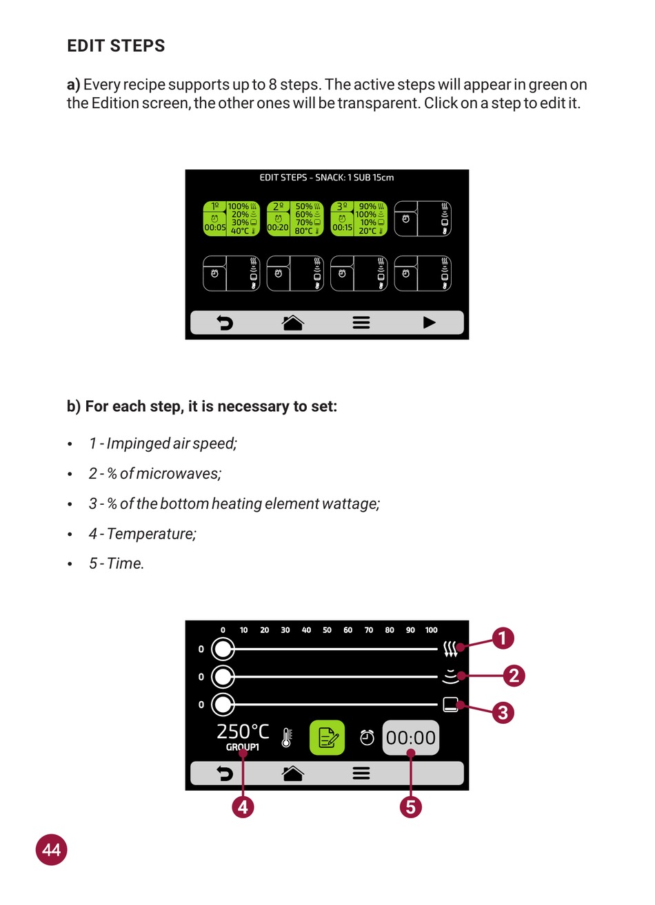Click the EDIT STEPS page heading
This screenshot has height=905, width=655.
coord(116,46)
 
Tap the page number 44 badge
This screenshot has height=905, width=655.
coord(52,850)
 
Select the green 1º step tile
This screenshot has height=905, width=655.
coord(232,219)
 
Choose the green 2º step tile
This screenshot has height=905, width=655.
coord(295,219)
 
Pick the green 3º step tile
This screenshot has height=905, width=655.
coord(359,219)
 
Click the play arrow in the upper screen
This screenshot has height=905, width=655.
coord(429,322)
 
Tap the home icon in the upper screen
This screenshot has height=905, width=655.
coord(293,322)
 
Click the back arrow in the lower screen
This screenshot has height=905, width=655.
coord(225,774)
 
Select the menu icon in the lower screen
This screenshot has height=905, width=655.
coord(361,774)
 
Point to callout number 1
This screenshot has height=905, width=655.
coord(503,638)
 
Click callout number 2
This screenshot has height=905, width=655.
coord(514,676)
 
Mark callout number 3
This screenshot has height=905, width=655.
coord(503,712)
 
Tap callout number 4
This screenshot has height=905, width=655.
coord(243,807)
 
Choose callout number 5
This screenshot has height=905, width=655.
coord(411,807)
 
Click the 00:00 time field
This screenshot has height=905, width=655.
coord(411,738)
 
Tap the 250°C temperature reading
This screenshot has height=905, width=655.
coord(243,731)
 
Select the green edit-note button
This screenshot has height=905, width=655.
coord(327,738)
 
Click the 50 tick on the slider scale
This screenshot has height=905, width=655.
coord(327,630)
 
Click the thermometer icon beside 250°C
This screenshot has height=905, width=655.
coord(287,738)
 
